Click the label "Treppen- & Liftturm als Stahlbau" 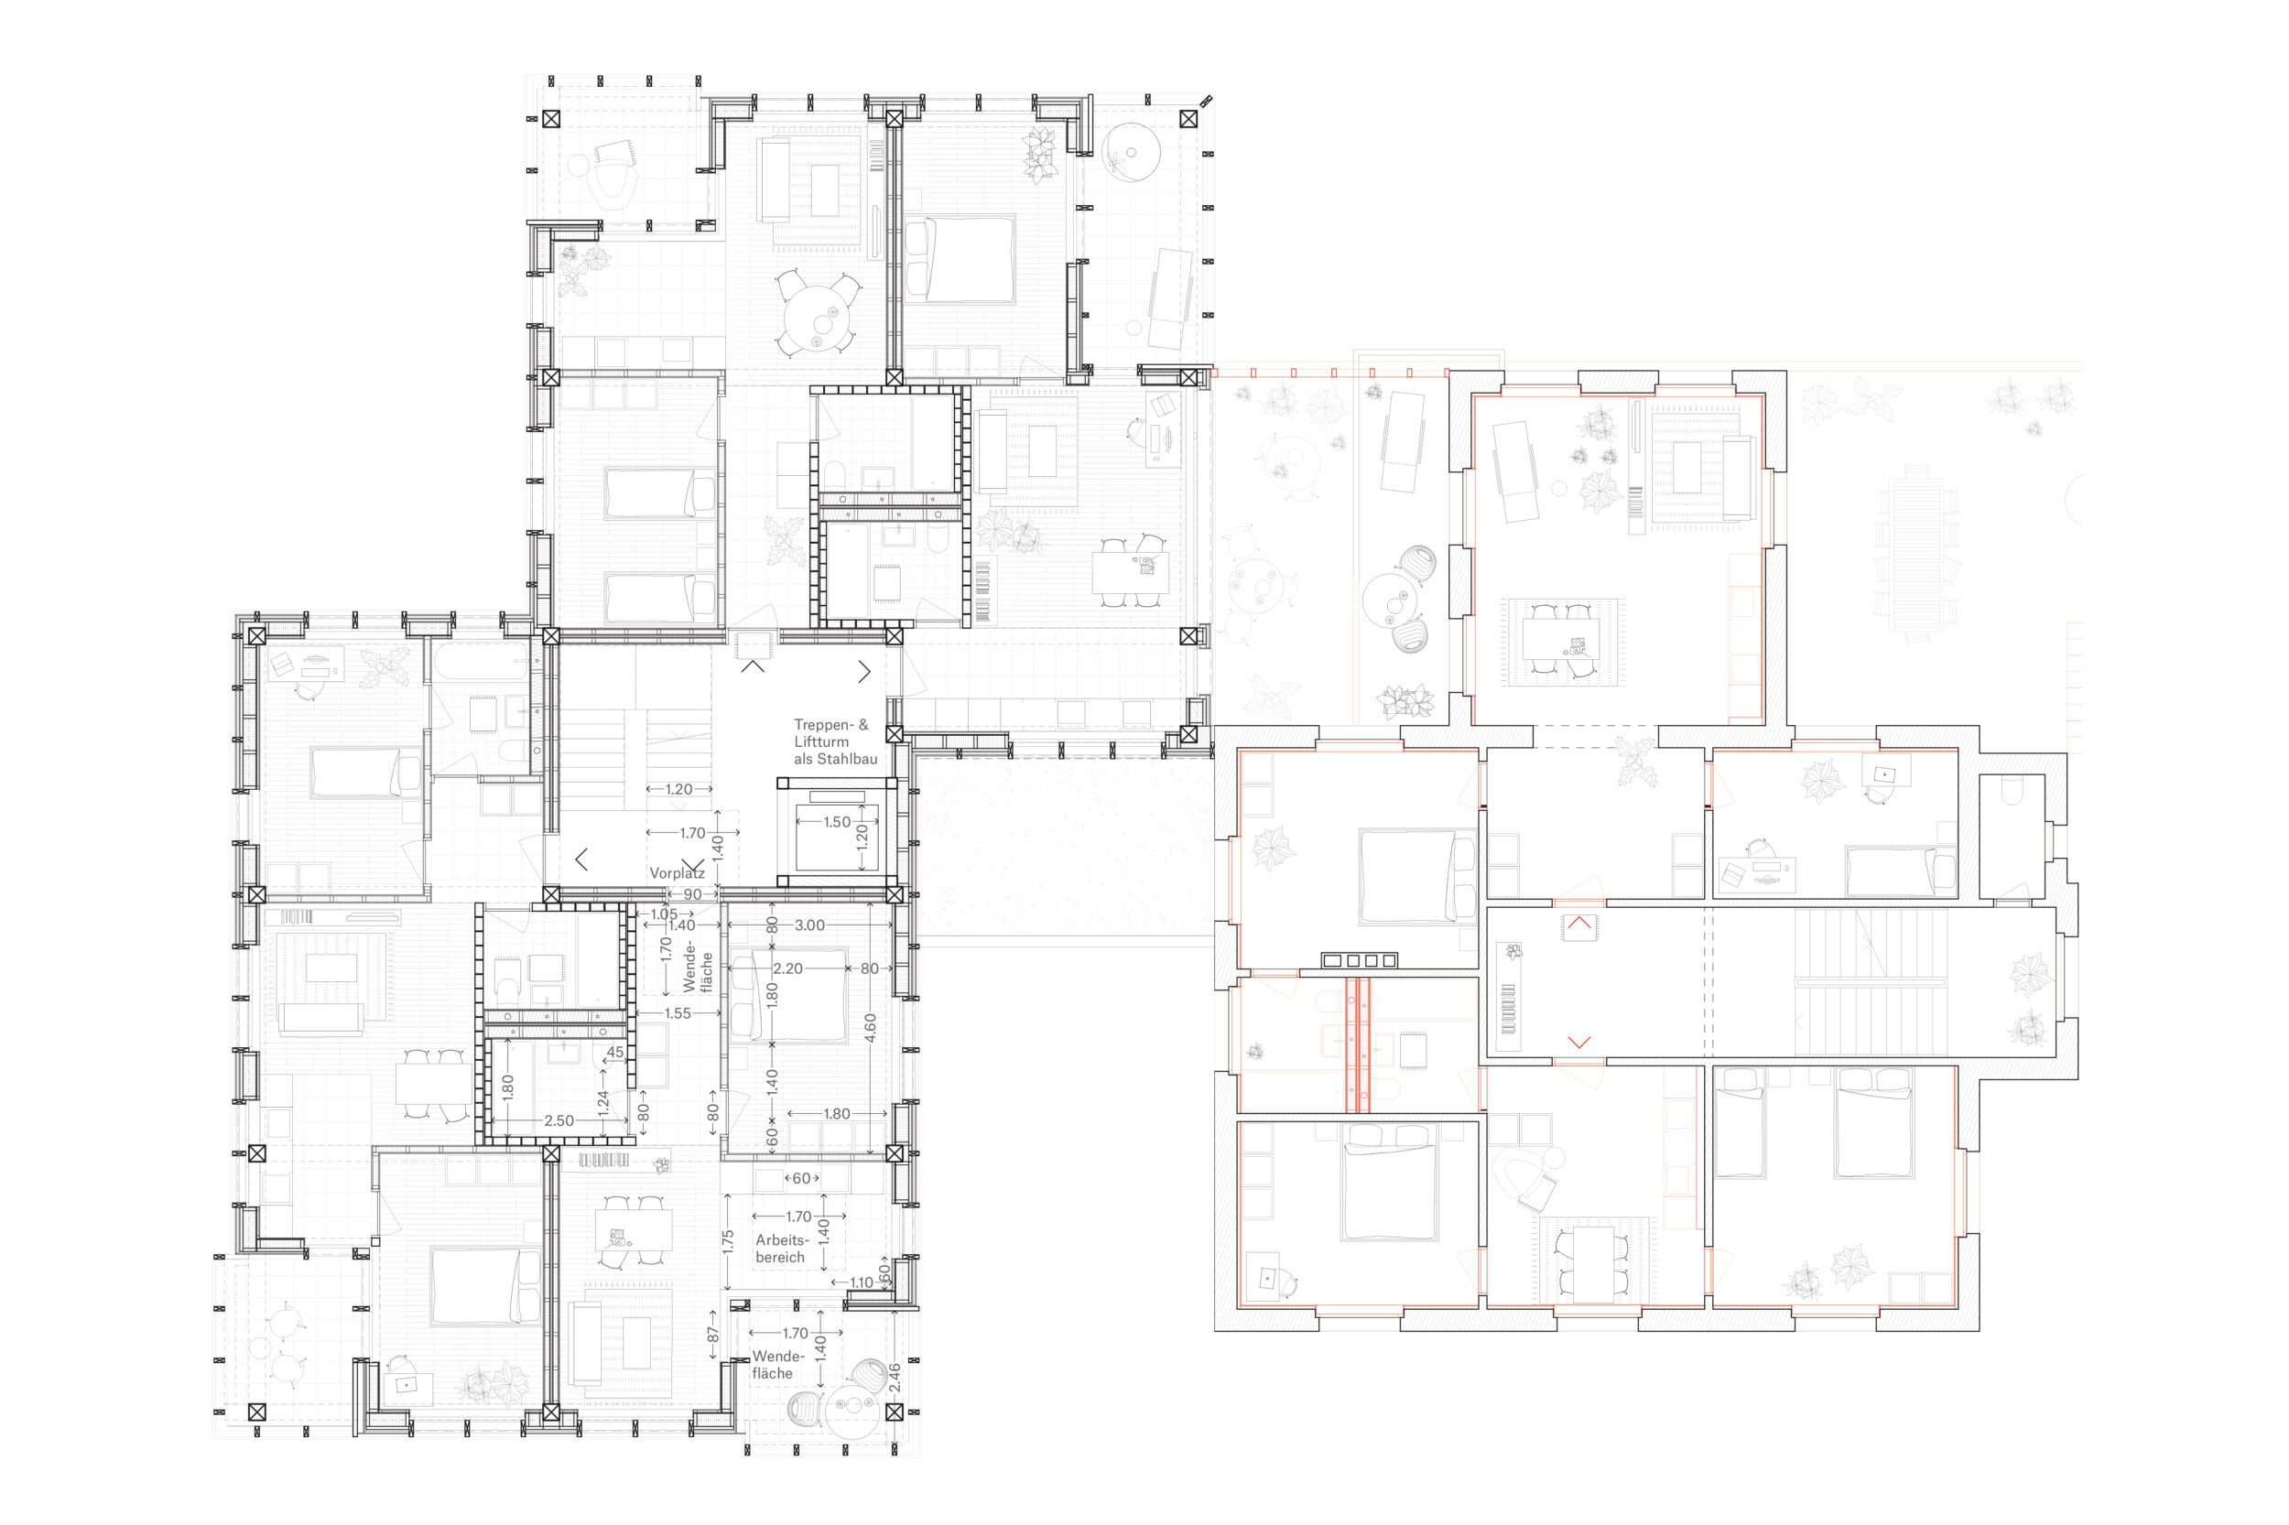tap(835, 741)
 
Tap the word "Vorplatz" tap(676, 873)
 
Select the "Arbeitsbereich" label tap(782, 1249)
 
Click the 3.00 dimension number tap(809, 925)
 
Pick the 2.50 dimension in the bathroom tap(559, 1120)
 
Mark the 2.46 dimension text tap(894, 1377)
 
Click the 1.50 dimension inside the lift tap(836, 822)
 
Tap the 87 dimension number tap(712, 1335)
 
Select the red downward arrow tap(1578, 1042)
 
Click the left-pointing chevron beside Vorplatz tap(580, 859)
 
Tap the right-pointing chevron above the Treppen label tap(863, 671)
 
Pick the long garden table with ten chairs tap(1915, 553)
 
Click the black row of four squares tap(1359, 961)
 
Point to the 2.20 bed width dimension tap(788, 968)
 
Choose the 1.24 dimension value tap(603, 1102)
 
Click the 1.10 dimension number tap(861, 1282)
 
